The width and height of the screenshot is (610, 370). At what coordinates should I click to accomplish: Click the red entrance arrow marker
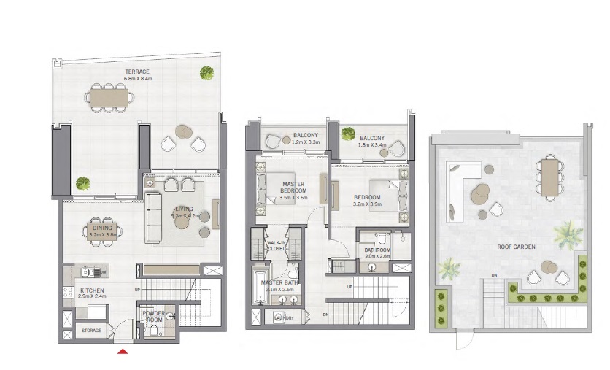(x=123, y=352)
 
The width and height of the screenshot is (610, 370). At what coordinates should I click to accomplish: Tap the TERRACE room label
(x=136, y=72)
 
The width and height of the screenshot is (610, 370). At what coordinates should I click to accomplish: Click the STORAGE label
(x=90, y=331)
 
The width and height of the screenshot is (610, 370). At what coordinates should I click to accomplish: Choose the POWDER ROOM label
(x=153, y=316)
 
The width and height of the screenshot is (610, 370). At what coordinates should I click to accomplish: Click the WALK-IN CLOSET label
(x=277, y=245)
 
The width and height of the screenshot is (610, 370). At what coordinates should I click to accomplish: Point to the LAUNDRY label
(x=283, y=317)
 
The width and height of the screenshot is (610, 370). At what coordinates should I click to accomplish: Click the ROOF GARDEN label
(x=517, y=247)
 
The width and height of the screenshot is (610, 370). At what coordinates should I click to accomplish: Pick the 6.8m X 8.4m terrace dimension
(x=136, y=78)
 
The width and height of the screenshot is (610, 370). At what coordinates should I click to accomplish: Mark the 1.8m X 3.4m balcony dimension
(x=371, y=144)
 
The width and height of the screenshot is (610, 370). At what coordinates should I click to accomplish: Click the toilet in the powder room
(x=169, y=317)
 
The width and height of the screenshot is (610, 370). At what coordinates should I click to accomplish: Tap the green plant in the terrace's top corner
(x=207, y=72)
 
